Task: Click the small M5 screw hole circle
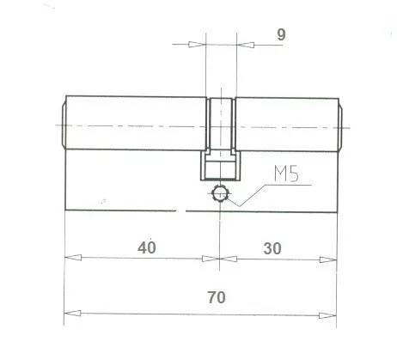coord(221,194)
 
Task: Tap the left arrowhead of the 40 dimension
coord(71,258)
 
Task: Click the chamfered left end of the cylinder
coord(62,125)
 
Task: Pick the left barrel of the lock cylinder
coord(137,125)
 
